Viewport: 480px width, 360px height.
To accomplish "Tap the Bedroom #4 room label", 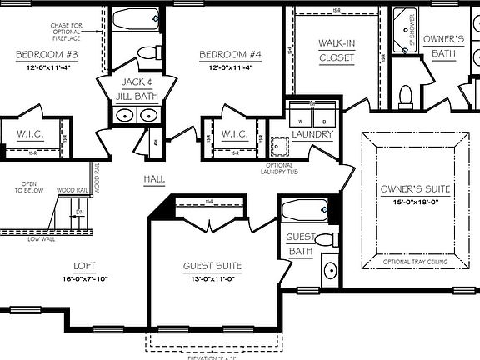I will (x=230, y=55).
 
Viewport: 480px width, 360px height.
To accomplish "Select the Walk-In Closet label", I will (x=336, y=50).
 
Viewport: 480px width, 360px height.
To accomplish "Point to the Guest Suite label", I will (x=212, y=267).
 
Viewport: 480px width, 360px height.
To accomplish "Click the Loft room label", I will (x=83, y=266).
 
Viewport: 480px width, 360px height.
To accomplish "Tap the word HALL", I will (x=154, y=179).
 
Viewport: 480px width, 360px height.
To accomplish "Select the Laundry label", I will (x=312, y=134).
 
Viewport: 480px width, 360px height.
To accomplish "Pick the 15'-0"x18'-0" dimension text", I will (x=414, y=201).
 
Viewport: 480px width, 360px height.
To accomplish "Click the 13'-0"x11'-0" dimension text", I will (x=212, y=278).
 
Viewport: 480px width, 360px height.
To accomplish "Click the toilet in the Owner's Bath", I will (x=406, y=96).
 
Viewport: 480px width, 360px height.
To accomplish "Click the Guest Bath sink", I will (x=329, y=271).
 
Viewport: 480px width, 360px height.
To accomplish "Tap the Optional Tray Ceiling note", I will (x=414, y=262).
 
